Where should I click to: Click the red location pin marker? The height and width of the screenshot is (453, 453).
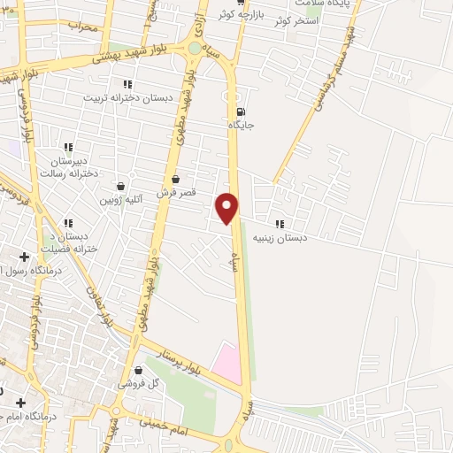(x=227, y=207)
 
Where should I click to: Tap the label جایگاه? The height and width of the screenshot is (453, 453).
(x=242, y=126)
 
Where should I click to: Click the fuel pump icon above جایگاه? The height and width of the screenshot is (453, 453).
(x=241, y=111)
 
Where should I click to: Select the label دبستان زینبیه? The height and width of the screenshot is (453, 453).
(x=280, y=237)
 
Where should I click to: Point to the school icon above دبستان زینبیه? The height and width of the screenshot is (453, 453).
(x=280, y=224)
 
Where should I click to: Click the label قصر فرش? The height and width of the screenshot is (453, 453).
(x=176, y=192)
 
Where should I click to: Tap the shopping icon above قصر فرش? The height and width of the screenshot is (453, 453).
(x=176, y=180)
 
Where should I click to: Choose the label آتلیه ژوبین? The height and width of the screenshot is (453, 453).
(x=120, y=200)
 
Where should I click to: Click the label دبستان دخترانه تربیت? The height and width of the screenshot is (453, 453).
(x=127, y=97)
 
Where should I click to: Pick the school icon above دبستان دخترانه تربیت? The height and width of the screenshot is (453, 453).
(x=127, y=84)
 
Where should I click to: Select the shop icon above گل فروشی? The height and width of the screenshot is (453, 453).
(x=138, y=371)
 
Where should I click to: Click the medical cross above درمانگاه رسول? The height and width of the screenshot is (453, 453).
(x=24, y=257)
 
